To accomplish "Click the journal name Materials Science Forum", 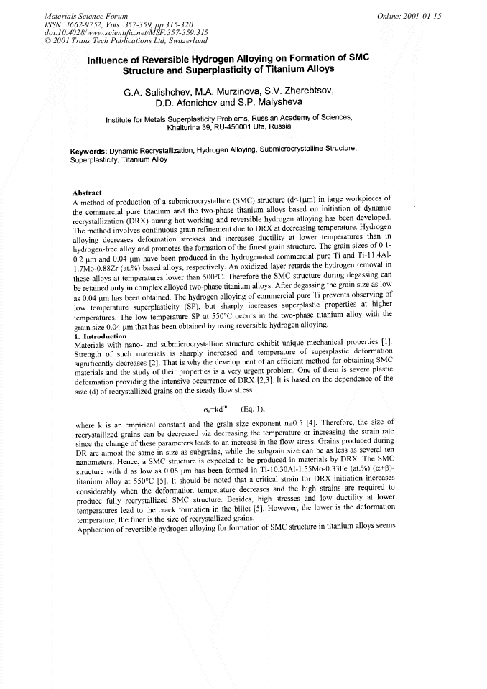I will pyautogui.click(x=78, y=14).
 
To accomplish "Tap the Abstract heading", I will pyautogui.click(x=88, y=192).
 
